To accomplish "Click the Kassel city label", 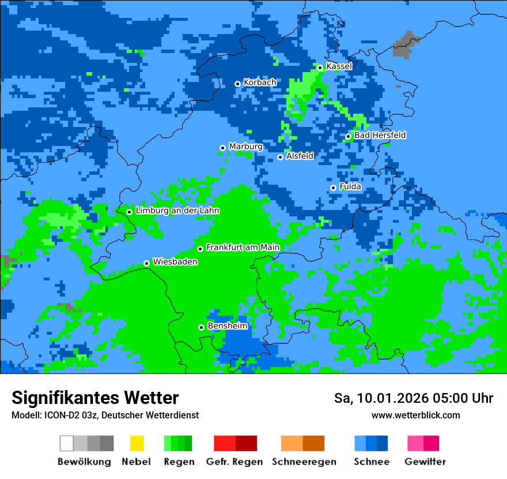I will point(339,66).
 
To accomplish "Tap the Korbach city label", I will point(260,83).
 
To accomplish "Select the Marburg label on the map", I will point(245,147).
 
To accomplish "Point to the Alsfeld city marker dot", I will point(280,157).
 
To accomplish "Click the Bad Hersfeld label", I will point(380,135).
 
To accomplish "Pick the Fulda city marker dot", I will point(333,188).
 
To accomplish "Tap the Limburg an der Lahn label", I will point(177,211).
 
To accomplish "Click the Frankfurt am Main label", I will point(243,248).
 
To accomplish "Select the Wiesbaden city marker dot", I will point(146,263).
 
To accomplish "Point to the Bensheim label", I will point(227,326).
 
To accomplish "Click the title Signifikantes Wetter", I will point(95,398).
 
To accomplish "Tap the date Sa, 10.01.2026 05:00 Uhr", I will point(414,398).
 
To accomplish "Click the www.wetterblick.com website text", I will point(415,415).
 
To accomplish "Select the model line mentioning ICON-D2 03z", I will point(105,415).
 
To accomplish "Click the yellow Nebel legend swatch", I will point(137,443).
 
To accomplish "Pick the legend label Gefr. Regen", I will point(234,462).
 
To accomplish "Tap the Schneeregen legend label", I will point(304,462).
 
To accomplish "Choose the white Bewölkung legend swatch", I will point(67,443).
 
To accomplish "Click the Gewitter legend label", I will point(425,462).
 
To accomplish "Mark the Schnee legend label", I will point(371,462).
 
